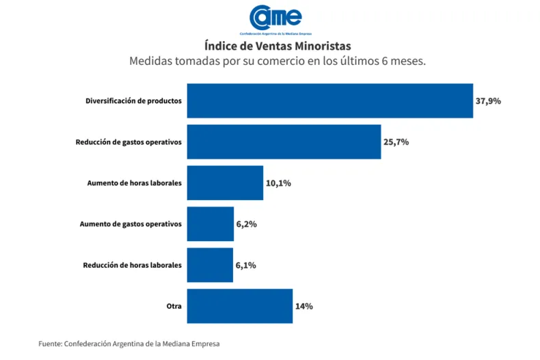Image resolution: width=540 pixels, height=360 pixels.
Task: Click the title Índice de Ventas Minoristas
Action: pos(278,46)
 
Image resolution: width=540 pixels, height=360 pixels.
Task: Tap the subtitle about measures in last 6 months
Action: pos(278,61)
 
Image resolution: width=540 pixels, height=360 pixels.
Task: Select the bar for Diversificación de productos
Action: pos(329,101)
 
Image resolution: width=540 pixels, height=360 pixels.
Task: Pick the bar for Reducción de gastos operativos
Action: pos(284,142)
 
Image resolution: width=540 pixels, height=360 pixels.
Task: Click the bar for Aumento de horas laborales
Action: pos(225,183)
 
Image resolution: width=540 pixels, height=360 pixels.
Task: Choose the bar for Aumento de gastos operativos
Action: pos(211,224)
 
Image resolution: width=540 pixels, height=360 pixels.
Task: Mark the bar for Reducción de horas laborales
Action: pos(210,265)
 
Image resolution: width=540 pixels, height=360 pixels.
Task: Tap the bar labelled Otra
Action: pos(239,306)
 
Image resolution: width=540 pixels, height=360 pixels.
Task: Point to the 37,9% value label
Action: pos(488,101)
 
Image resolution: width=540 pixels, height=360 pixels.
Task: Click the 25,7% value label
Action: pos(396,142)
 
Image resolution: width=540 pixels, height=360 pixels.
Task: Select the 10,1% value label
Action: pos(278,183)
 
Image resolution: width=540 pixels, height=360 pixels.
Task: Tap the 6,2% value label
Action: pos(246,224)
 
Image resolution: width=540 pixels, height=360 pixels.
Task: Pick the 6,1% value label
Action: pos(245,265)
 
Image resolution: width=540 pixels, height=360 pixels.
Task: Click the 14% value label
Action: pos(304,306)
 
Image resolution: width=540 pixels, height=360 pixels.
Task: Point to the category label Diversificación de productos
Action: pos(133,101)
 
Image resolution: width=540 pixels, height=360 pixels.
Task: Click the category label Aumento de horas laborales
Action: pos(135,183)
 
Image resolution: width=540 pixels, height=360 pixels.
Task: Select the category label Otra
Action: pos(174,306)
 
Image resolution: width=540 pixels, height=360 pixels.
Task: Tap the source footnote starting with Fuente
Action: pos(129,344)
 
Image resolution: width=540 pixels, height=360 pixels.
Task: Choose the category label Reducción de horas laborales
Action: pos(133,265)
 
